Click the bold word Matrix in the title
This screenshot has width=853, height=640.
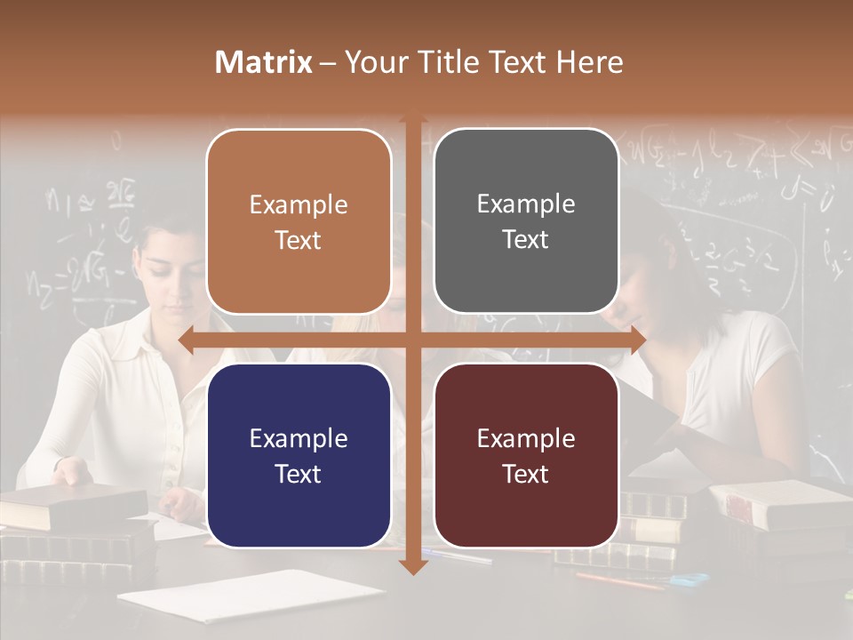264,62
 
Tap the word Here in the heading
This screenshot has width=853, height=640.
589,62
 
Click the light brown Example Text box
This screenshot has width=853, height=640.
299,221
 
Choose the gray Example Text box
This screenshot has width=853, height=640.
526,221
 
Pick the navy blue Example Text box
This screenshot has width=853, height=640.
299,455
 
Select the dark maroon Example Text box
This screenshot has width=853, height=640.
526,455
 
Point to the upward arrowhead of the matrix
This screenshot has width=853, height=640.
413,121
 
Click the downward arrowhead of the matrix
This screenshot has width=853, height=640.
413,566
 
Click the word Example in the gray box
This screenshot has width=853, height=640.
526,204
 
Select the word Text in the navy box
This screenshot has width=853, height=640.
298,474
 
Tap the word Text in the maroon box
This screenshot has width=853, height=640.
525,474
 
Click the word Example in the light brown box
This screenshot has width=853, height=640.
299,205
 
